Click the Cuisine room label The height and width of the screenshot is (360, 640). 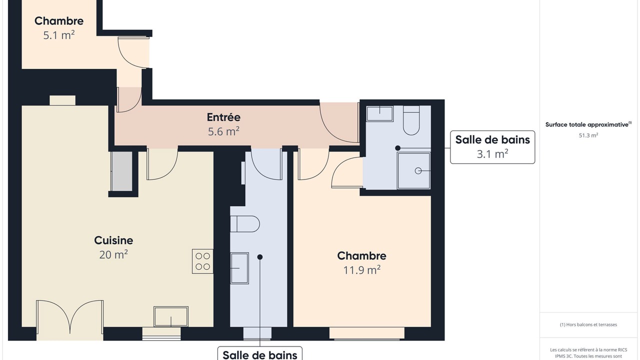click(x=113, y=240)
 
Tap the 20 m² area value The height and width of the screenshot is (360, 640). click(x=113, y=254)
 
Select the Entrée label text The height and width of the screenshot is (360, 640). click(x=223, y=117)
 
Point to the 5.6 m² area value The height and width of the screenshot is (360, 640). click(x=223, y=131)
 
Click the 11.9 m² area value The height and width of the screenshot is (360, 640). click(x=361, y=270)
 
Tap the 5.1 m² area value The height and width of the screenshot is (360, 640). click(x=59, y=35)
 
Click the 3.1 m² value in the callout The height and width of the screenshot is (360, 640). click(x=492, y=154)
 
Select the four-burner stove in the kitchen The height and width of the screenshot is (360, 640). click(x=202, y=261)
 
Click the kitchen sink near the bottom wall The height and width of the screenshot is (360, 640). click(x=171, y=316)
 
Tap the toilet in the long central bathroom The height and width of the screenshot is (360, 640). click(x=245, y=224)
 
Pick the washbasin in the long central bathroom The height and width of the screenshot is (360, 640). click(x=239, y=268)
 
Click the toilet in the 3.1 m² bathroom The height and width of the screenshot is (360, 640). click(x=411, y=120)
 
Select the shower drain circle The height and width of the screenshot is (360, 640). click(x=418, y=171)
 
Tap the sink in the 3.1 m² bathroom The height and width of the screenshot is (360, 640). click(x=379, y=113)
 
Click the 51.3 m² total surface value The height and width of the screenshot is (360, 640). click(x=588, y=135)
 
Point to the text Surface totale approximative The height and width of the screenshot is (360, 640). click(x=587, y=124)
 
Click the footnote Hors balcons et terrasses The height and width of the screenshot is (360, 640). click(x=588, y=324)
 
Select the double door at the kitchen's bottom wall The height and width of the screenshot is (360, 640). click(x=69, y=317)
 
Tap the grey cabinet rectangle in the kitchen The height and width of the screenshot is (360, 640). click(x=121, y=171)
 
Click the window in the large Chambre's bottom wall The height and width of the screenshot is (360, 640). click(x=367, y=333)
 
